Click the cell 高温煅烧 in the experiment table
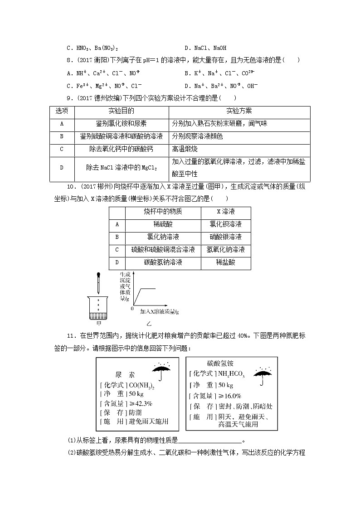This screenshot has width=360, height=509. [185, 149]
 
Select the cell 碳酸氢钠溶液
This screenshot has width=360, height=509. [163, 262]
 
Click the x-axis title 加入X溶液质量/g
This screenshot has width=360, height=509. [160, 312]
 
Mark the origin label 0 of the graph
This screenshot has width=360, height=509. [131, 309]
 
